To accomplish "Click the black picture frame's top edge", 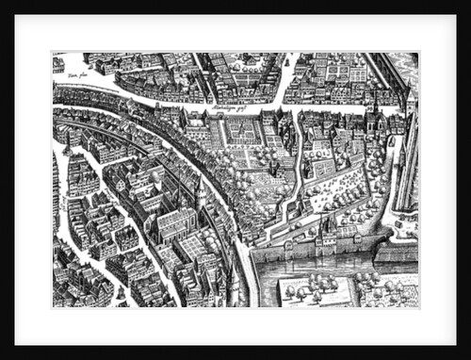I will click(x=235, y=7).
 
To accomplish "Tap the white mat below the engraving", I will click(x=235, y=322).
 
